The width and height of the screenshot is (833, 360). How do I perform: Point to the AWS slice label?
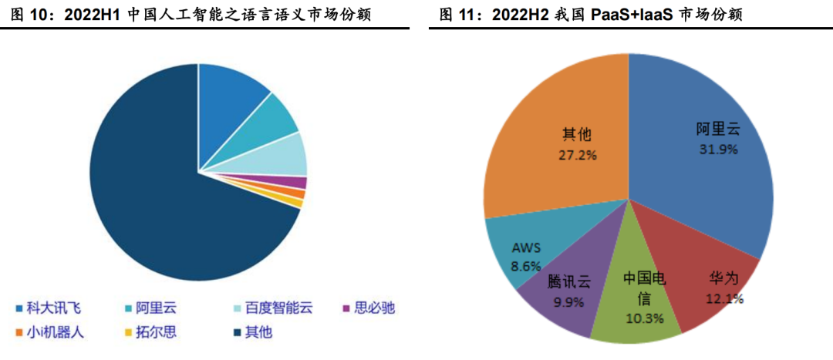pyautogui.click(x=527, y=247)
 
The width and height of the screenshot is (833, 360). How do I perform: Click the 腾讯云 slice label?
pyautogui.click(x=569, y=281)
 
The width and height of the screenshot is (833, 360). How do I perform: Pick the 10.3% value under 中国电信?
pyautogui.click(x=639, y=318)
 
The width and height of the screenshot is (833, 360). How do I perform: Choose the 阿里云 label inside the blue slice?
pyautogui.click(x=717, y=129)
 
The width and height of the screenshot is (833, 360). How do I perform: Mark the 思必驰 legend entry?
pyautogui.click(x=374, y=308)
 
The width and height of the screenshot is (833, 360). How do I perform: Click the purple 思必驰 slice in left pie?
pyautogui.click(x=296, y=183)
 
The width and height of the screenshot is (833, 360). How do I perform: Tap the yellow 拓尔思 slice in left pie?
pyautogui.click(x=295, y=202)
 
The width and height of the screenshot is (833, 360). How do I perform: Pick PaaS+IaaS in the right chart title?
pyautogui.click(x=623, y=15)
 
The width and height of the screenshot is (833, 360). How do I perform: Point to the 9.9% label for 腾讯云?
pyautogui.click(x=568, y=301)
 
